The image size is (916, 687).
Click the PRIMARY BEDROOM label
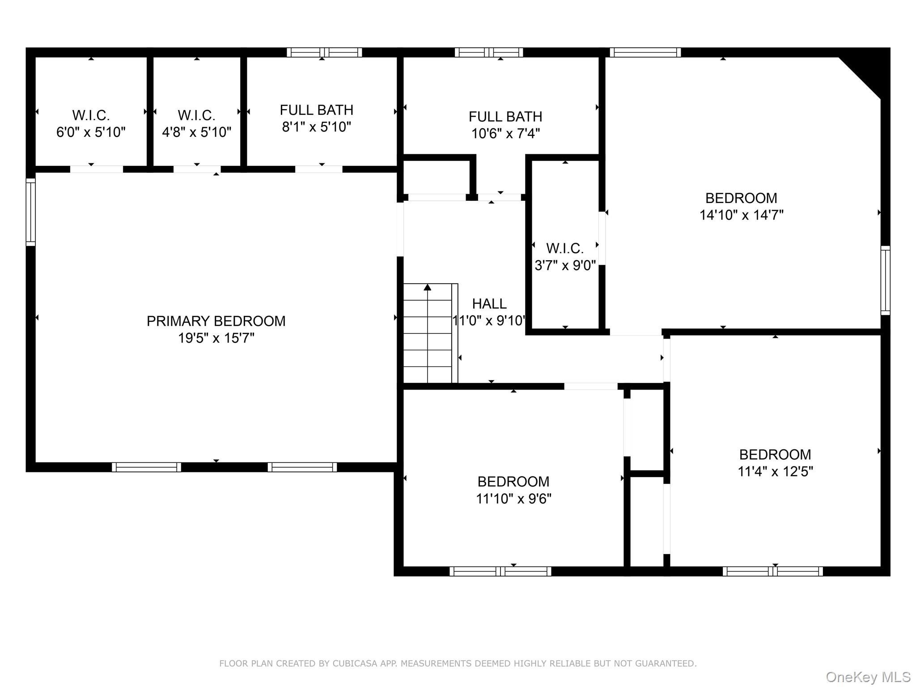pos(216,321)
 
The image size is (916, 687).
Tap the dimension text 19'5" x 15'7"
pos(216,338)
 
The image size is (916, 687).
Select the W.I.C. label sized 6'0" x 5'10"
pos(91,115)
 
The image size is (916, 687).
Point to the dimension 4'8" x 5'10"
pos(197,132)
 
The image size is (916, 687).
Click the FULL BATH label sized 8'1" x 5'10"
pos(317,110)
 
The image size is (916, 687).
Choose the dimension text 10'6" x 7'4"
pos(505,134)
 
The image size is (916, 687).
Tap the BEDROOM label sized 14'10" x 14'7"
pos(741,198)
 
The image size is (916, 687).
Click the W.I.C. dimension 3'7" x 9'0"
pos(565,266)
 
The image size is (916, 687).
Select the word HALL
pos(489,304)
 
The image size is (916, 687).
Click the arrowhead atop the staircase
pos(428,287)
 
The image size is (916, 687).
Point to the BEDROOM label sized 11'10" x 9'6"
pos(513,482)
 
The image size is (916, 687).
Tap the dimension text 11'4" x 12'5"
pos(775,472)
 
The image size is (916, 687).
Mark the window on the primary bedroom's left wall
pos(30,212)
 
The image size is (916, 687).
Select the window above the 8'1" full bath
pos(324,52)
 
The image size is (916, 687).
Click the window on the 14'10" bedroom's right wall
pos(885,280)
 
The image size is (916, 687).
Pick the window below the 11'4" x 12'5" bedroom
pos(772,571)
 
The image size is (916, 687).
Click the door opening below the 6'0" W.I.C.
pos(97,169)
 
